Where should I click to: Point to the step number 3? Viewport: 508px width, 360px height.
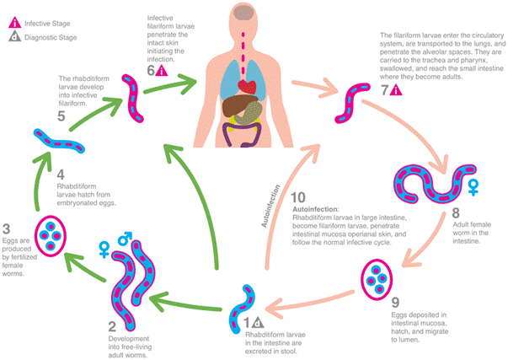point(8,227)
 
